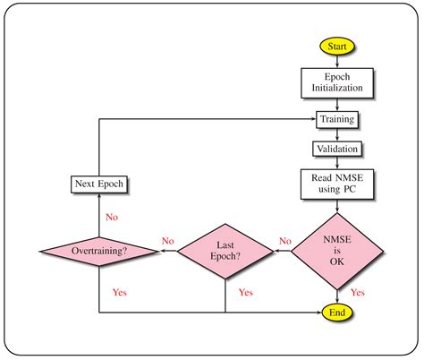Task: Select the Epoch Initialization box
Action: click(x=337, y=84)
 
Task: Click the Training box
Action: click(x=337, y=118)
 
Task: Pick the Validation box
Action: click(x=337, y=148)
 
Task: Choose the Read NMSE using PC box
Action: click(x=337, y=184)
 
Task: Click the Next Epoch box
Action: click(x=98, y=185)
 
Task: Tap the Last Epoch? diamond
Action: click(x=225, y=252)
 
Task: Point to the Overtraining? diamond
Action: click(x=98, y=252)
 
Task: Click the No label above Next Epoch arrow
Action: click(x=112, y=216)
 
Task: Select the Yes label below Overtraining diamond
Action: click(x=119, y=292)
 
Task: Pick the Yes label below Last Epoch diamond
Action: click(x=245, y=292)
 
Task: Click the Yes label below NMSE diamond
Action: click(x=357, y=292)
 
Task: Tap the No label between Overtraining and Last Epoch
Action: click(x=167, y=241)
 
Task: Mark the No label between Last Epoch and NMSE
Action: click(x=284, y=241)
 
